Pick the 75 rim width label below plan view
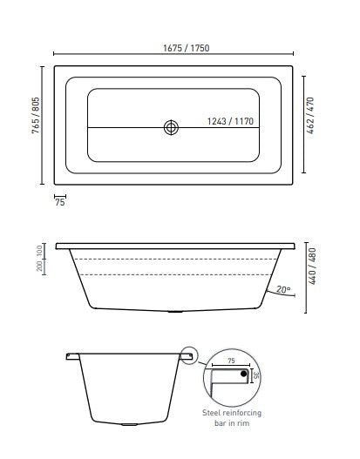[x=60, y=202]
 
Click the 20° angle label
[x=282, y=290]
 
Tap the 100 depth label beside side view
[x=41, y=251]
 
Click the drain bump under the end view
[x=129, y=425]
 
